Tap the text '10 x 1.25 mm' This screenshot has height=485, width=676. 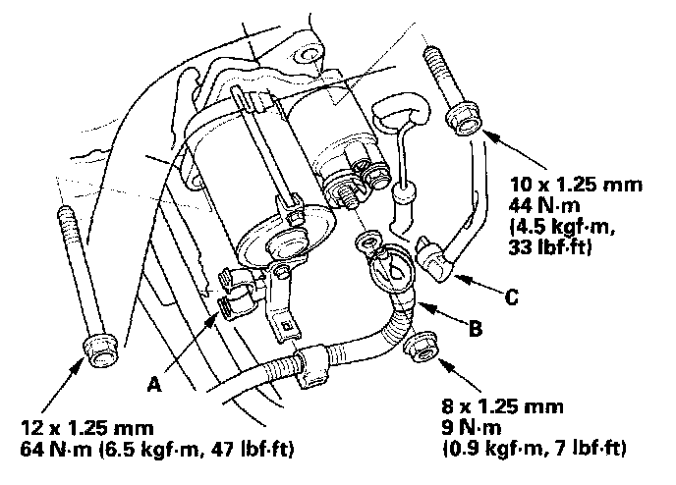(579, 184)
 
